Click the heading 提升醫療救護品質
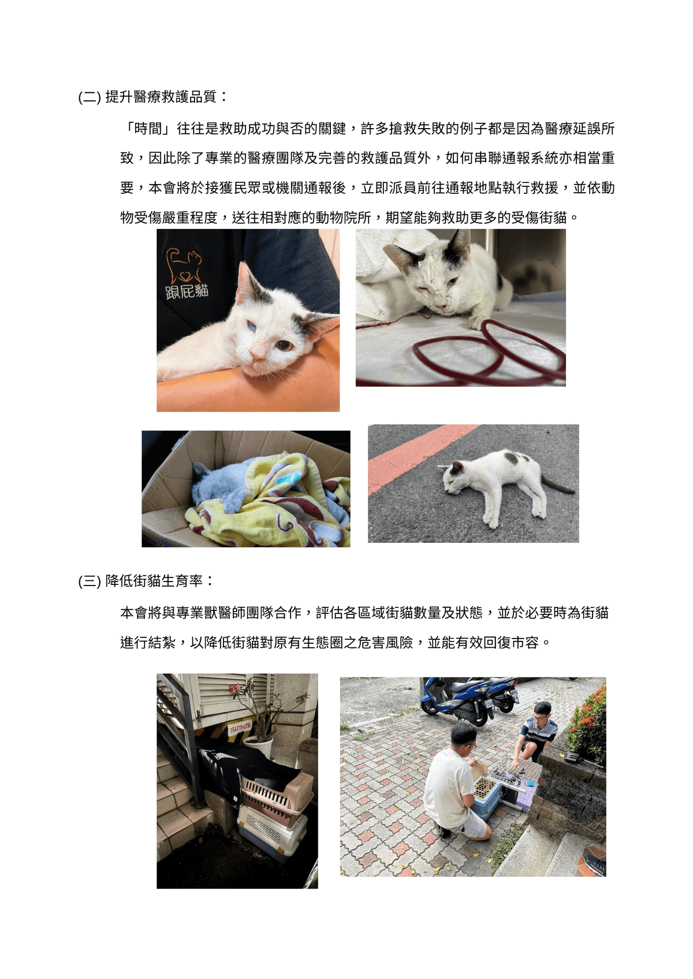pos(161,96)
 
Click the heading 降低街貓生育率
pos(154,581)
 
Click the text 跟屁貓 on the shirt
pos(187,291)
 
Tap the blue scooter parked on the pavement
pos(468,701)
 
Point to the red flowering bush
pos(588,724)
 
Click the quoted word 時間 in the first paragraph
pos(148,129)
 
